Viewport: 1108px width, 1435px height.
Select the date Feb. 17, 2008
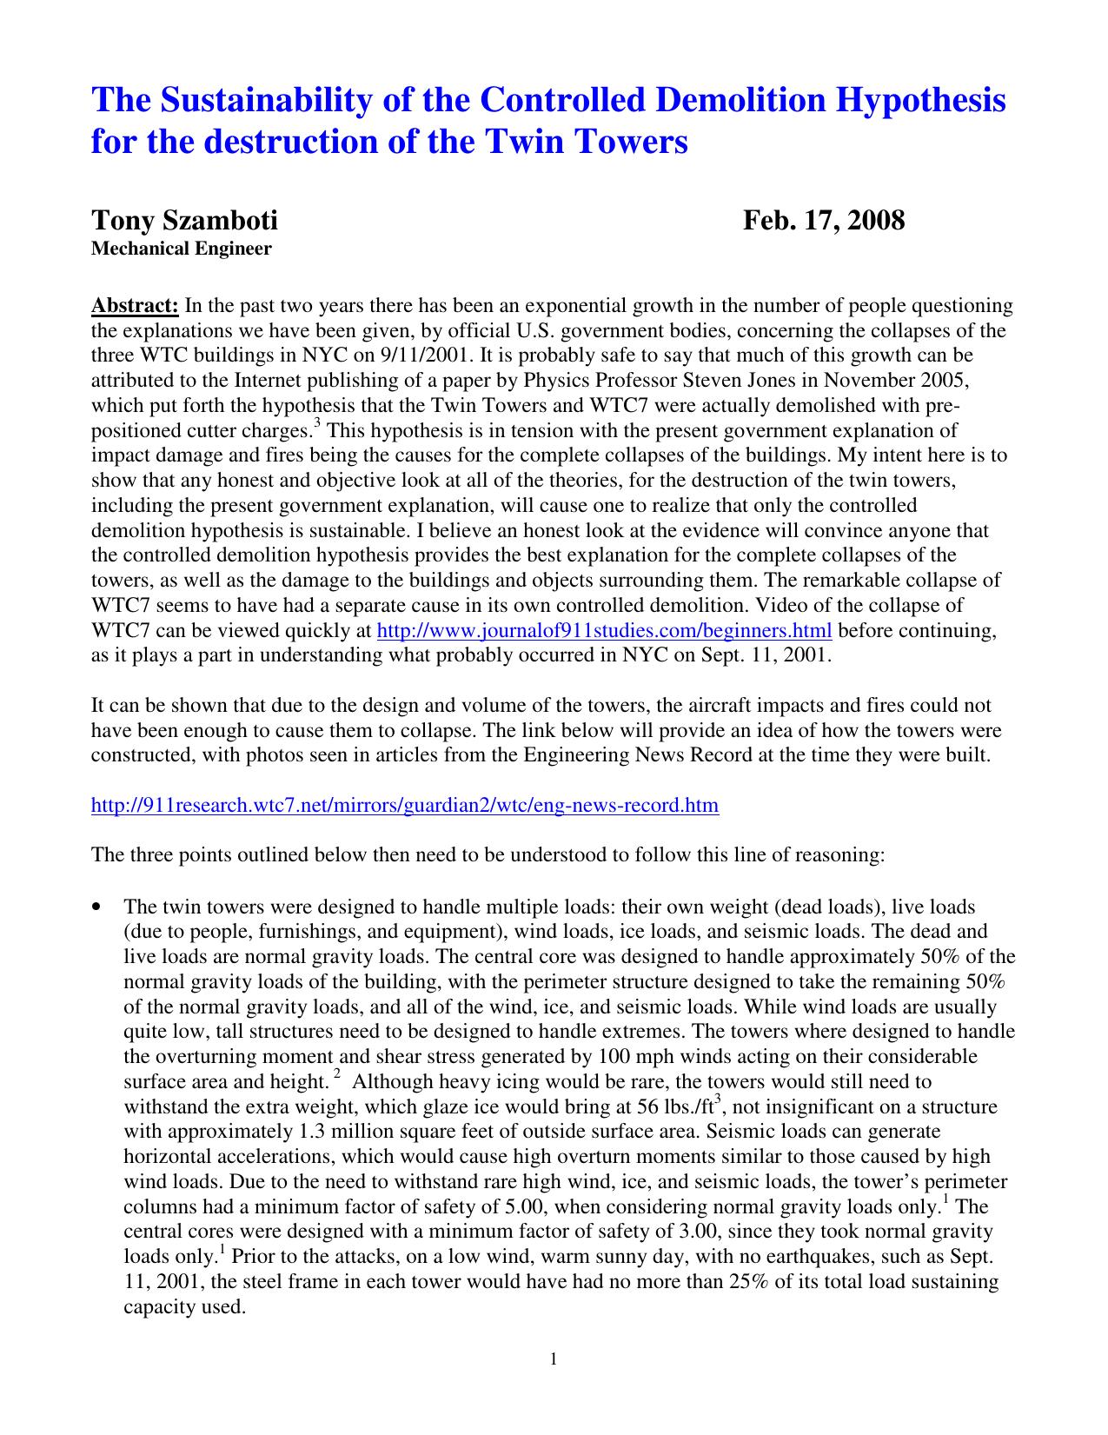[x=823, y=220]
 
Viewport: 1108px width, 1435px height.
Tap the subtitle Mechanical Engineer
[x=182, y=249]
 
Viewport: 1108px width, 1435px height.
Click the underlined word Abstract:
[x=136, y=306]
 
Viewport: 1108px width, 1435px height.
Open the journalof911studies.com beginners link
[x=604, y=631]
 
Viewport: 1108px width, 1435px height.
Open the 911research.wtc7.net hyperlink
[x=405, y=806]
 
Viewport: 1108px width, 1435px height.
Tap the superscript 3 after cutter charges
[x=317, y=423]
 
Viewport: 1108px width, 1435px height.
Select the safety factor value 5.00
[x=525, y=1207]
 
